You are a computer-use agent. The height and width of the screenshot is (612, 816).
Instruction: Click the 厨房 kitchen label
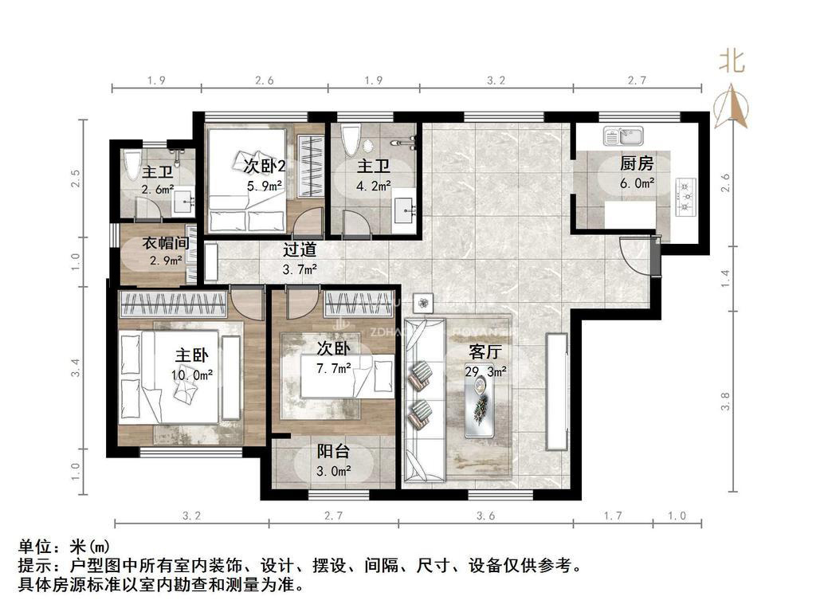tap(637, 163)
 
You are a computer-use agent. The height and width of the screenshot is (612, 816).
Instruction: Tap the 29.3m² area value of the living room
tap(486, 371)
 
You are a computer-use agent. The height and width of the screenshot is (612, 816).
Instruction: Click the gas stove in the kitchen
tap(684, 197)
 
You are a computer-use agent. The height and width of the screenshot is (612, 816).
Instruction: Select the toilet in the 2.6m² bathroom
tap(133, 164)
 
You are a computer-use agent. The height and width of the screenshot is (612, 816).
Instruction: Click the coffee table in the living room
tap(480, 406)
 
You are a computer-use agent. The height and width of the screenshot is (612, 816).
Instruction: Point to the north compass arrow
tap(732, 108)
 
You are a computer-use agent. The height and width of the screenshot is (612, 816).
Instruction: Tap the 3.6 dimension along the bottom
tap(485, 516)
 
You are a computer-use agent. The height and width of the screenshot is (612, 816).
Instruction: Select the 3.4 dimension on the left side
tap(76, 367)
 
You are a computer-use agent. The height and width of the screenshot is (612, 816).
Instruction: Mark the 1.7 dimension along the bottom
tap(612, 516)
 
